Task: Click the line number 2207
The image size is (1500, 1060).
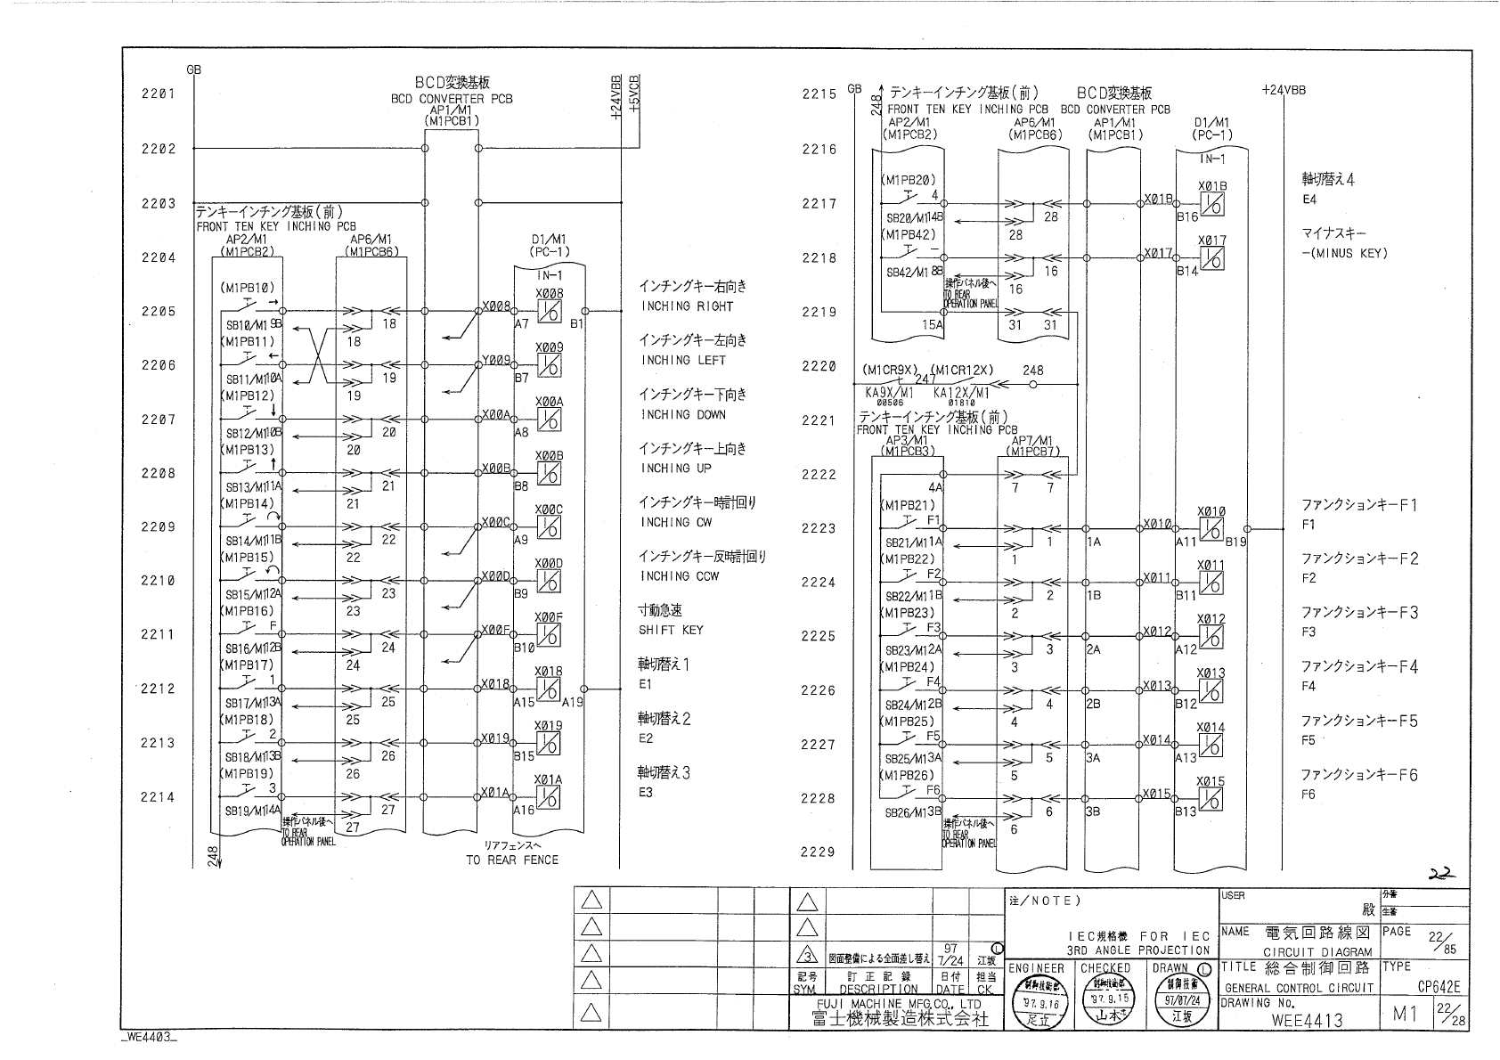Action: click(x=158, y=420)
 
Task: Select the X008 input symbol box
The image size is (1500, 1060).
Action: click(x=550, y=312)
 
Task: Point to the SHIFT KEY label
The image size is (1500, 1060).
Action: click(x=671, y=630)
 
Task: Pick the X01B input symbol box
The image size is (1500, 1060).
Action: click(x=1212, y=204)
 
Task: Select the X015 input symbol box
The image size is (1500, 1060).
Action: click(x=1211, y=799)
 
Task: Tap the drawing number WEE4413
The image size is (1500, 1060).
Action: click(x=1307, y=1019)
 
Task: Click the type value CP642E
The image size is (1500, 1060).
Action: click(x=1440, y=987)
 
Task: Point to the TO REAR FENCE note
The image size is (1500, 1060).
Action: click(x=512, y=860)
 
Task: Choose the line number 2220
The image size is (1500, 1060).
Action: click(x=819, y=366)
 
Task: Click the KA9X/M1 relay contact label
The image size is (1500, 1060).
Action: click(x=889, y=392)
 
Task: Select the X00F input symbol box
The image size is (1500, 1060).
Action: click(x=550, y=635)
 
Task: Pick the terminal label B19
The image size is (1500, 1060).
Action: click(x=1235, y=541)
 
